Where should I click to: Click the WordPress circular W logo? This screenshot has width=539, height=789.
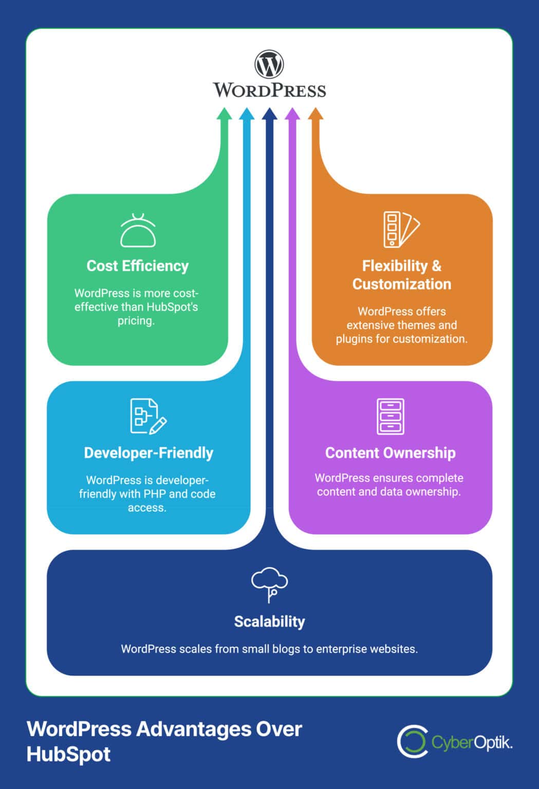[x=269, y=65]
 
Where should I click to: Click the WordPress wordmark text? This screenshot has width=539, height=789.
[x=269, y=90]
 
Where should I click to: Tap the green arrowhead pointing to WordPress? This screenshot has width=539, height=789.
[x=224, y=114]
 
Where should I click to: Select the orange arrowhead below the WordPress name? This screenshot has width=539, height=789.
[x=315, y=114]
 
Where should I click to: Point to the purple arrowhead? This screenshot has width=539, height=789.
[x=292, y=114]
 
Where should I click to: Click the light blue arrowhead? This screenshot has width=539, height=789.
[x=247, y=114]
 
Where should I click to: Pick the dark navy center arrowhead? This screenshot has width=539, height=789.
[x=269, y=114]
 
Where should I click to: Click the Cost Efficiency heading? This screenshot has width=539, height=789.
[x=137, y=266]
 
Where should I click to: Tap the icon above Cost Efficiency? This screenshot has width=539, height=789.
[x=138, y=231]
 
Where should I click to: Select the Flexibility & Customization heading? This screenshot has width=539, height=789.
[x=401, y=275]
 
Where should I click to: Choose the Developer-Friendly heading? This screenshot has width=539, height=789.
[x=148, y=453]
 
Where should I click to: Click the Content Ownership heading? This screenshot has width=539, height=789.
[x=390, y=453]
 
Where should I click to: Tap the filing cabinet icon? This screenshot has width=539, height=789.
[x=390, y=416]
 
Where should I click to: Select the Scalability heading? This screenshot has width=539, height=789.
[x=269, y=622]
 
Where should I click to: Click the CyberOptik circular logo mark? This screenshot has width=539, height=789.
[x=412, y=742]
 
